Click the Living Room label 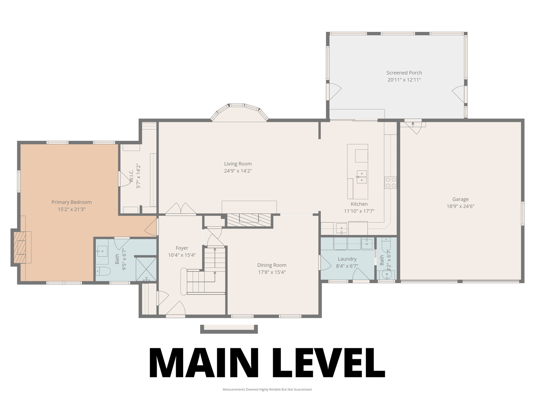pyautogui.click(x=238, y=164)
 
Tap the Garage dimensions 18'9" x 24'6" pyautogui.click(x=460, y=206)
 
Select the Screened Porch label pyautogui.click(x=404, y=73)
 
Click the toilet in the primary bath pyautogui.click(x=103, y=272)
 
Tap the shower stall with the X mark pyautogui.click(x=146, y=269)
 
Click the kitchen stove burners pyautogui.click(x=391, y=182)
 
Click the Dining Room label pyautogui.click(x=272, y=265)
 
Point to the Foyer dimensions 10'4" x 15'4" pyautogui.click(x=182, y=255)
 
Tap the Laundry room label pyautogui.click(x=347, y=259)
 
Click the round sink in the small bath pyautogui.click(x=386, y=274)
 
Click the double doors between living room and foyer pyautogui.click(x=181, y=209)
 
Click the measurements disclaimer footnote pyautogui.click(x=267, y=390)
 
